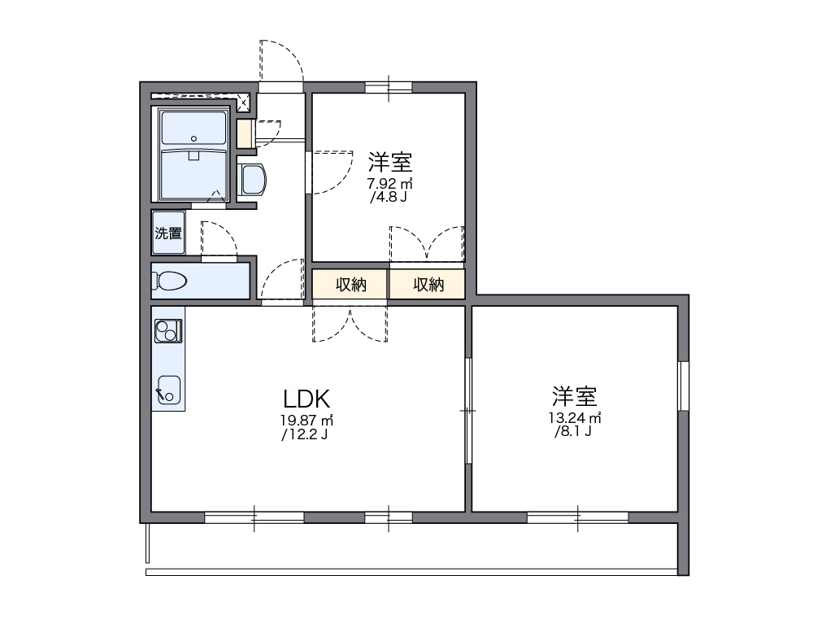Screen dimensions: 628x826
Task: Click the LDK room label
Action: pyautogui.click(x=306, y=399)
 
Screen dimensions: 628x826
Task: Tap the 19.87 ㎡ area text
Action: pyautogui.click(x=306, y=421)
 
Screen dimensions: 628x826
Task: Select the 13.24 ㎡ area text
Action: pyautogui.click(x=573, y=419)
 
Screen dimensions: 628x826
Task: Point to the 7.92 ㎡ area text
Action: pyautogui.click(x=390, y=183)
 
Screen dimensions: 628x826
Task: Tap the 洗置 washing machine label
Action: pyautogui.click(x=168, y=233)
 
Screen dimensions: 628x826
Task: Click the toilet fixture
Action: pyautogui.click(x=170, y=281)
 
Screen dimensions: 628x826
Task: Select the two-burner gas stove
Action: pyautogui.click(x=168, y=330)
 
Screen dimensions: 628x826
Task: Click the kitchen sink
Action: pyautogui.click(x=168, y=389)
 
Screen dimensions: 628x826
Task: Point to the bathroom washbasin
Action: pyautogui.click(x=253, y=179)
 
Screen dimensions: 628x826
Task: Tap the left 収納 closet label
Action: pyautogui.click(x=350, y=285)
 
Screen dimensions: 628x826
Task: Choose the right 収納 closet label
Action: pyautogui.click(x=428, y=285)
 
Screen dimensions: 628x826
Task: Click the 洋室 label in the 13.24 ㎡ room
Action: pyautogui.click(x=575, y=397)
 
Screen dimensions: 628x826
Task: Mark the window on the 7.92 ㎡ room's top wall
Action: pyautogui.click(x=389, y=87)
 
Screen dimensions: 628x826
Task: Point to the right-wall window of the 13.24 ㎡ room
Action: pyautogui.click(x=683, y=386)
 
